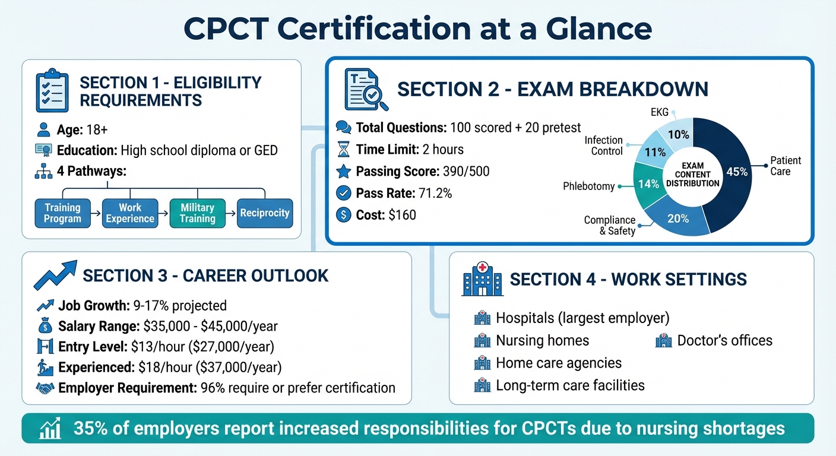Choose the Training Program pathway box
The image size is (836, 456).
(62, 213)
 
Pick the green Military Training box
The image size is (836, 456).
(197, 213)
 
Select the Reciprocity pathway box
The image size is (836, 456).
(265, 213)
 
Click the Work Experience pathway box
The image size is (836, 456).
(129, 213)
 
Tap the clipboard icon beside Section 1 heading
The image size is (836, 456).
(52, 91)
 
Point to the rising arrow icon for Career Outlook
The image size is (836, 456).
(55, 275)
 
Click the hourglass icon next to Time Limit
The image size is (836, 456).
(343, 149)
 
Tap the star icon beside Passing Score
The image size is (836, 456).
(343, 172)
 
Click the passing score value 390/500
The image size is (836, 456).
(466, 172)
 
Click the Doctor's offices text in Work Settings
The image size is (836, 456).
(724, 340)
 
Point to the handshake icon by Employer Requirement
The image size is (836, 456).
(45, 388)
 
